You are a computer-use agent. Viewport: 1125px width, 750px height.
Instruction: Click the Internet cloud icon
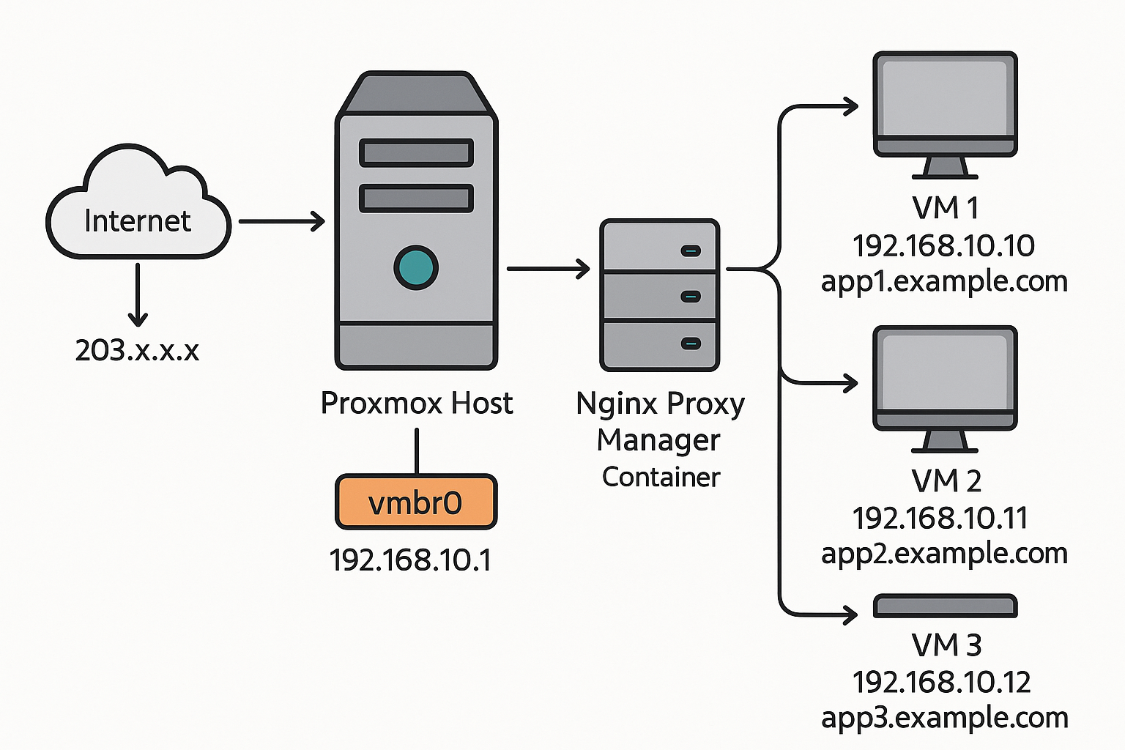click(x=138, y=205)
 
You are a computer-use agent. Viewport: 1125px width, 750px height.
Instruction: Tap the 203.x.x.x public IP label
click(x=137, y=350)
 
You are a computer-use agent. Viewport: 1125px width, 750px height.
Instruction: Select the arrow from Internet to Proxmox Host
click(x=282, y=221)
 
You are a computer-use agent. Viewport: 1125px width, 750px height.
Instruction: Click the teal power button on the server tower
click(x=416, y=267)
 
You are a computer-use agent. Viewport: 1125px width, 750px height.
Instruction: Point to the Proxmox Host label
click(x=417, y=404)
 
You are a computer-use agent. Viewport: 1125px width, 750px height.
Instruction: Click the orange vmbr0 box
click(x=416, y=502)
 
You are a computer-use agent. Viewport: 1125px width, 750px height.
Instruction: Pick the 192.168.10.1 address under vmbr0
click(x=410, y=560)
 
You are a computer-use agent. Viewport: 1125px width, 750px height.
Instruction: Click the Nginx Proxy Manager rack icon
click(x=659, y=295)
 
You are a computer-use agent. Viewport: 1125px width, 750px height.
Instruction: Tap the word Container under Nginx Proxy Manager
click(x=661, y=478)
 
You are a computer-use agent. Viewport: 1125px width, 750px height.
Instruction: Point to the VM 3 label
click(x=946, y=645)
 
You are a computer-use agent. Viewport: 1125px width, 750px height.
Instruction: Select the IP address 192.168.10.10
click(x=943, y=246)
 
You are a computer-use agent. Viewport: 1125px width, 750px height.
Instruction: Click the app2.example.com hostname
click(x=944, y=554)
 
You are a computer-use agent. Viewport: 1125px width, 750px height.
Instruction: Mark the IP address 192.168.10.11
click(x=940, y=519)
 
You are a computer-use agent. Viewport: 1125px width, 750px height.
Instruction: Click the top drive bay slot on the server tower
click(x=416, y=153)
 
